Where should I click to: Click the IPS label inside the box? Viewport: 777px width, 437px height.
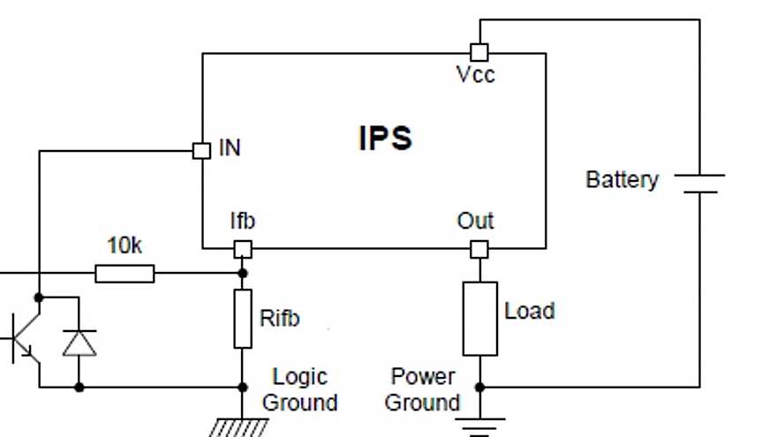click(386, 139)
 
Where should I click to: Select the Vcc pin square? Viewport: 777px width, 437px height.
click(479, 51)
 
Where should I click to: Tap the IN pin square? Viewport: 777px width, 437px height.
click(201, 150)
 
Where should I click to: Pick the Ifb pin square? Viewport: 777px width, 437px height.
click(243, 250)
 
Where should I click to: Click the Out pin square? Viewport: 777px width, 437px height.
click(479, 250)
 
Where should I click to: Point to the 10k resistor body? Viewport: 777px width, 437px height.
click(124, 274)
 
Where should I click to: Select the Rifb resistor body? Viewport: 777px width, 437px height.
click(243, 318)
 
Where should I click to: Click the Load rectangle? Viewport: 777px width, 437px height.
click(479, 319)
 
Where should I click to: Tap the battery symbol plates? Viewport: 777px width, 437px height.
click(699, 183)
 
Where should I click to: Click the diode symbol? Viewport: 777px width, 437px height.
click(79, 342)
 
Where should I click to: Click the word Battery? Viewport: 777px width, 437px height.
click(622, 180)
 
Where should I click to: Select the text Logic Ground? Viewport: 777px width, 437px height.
click(300, 389)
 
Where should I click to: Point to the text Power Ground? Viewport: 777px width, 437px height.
click(423, 389)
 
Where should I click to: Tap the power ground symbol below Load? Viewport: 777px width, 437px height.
click(479, 424)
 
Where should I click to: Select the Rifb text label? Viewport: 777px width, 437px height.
click(279, 318)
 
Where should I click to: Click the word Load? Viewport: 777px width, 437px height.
click(529, 311)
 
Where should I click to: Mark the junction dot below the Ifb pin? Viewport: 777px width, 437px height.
click(243, 274)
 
